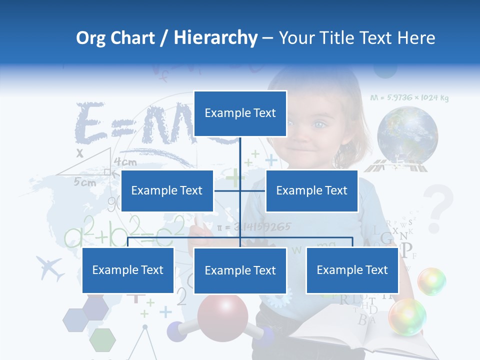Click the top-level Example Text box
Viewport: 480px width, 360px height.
(240, 113)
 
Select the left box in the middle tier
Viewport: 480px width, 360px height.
(167, 190)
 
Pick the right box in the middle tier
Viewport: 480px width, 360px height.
(311, 190)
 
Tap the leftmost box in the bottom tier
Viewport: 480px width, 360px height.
(128, 270)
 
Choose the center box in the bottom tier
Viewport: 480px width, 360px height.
(240, 270)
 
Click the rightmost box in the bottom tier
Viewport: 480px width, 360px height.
(352, 270)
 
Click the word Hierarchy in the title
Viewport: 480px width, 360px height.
(215, 38)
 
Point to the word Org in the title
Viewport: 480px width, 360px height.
(90, 38)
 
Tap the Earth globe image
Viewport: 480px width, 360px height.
(407, 133)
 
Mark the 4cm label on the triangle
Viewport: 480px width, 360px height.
(125, 162)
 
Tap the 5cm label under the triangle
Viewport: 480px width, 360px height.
(85, 182)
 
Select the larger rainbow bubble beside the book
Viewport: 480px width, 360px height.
(407, 316)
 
